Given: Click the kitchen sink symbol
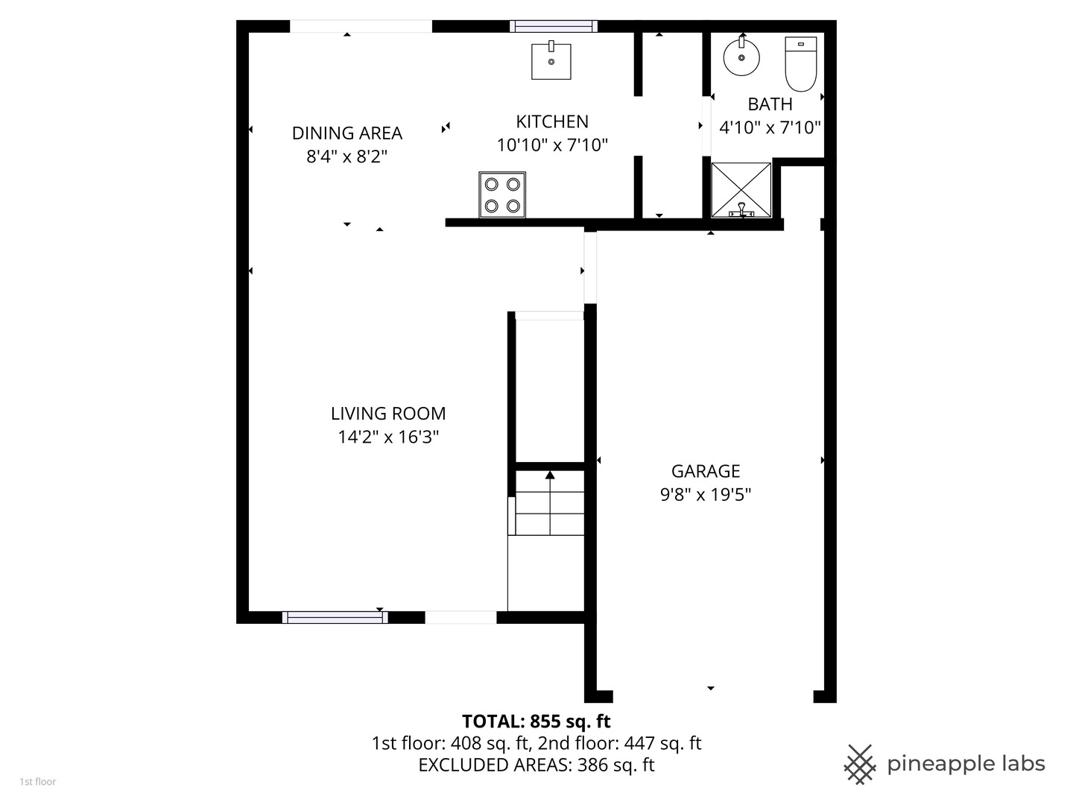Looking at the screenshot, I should pos(551,61).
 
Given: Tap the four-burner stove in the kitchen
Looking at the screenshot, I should pos(502,195).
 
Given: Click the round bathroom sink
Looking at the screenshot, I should pos(741,57).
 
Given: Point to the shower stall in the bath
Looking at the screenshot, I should pos(741,190).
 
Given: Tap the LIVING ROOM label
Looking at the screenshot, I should pos(388,414).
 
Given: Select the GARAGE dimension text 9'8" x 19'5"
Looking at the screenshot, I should pos(706,495).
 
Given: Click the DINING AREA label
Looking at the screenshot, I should pos(346,133).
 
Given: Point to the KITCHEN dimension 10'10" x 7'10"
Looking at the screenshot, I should pos(552,145).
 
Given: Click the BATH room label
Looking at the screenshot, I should pos(770,104).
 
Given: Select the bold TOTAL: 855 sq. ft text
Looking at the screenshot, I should pos(536,722).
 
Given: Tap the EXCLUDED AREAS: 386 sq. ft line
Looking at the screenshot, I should pos(536,765).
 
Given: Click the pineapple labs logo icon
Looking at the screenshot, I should pos(859,764).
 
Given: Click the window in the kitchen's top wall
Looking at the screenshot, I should pos(554,26).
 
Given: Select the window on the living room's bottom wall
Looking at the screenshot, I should pos(335,617).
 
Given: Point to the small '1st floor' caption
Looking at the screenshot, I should pos(37,782).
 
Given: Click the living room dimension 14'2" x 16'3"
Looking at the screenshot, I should pos(388,438).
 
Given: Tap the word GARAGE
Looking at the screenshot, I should pos(706,471).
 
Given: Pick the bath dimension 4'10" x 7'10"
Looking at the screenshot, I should pos(770,128).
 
